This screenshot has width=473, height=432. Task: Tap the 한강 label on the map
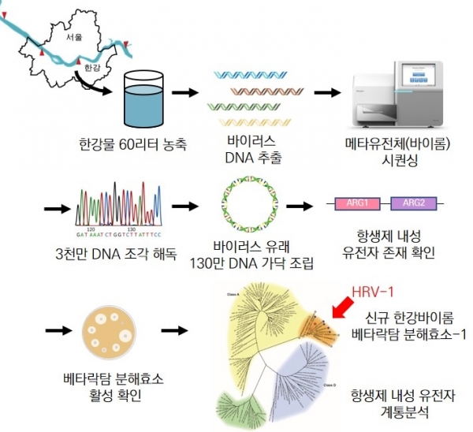(x=91, y=69)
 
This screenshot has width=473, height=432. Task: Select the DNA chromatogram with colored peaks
(x=117, y=208)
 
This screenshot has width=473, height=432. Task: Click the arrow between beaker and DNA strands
(x=184, y=93)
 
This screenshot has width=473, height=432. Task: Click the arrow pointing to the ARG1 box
(x=299, y=207)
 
